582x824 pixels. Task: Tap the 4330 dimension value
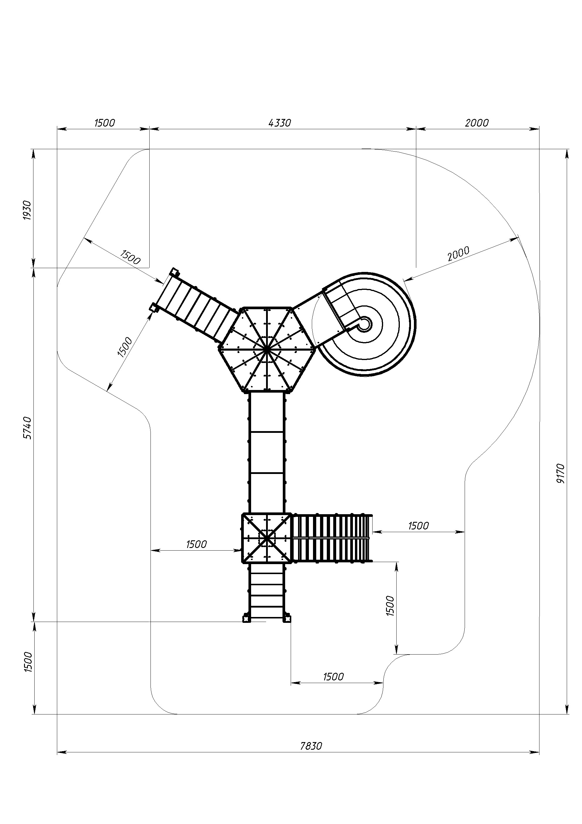280,123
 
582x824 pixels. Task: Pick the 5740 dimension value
27,428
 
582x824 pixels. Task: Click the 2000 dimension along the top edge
477,123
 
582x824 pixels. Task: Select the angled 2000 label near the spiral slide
459,254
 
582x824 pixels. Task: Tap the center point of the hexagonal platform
267,349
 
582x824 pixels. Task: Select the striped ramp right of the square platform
332,538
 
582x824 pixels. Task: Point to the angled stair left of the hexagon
195,305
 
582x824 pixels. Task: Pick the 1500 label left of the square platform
197,544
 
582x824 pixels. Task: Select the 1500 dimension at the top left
105,123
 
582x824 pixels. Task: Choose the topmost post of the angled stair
174,272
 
